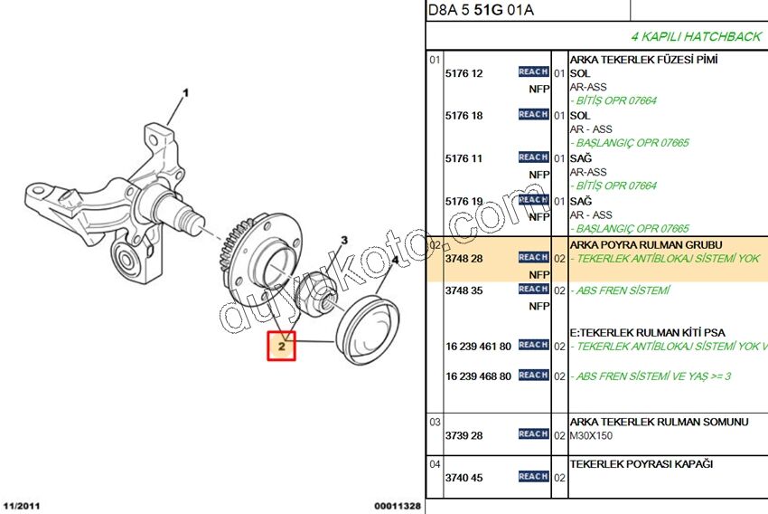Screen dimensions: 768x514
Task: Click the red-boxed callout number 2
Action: [x=281, y=347]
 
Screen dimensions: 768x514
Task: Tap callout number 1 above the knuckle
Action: [x=185, y=92]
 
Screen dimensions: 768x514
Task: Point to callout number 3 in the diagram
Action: [x=344, y=240]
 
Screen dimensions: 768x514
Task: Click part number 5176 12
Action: [x=464, y=73]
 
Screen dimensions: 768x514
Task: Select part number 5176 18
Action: [x=464, y=116]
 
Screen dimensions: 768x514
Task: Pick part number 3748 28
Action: [x=464, y=259]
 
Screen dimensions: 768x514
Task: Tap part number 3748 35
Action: [x=464, y=290]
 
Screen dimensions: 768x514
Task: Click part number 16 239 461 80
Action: [x=478, y=347]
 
